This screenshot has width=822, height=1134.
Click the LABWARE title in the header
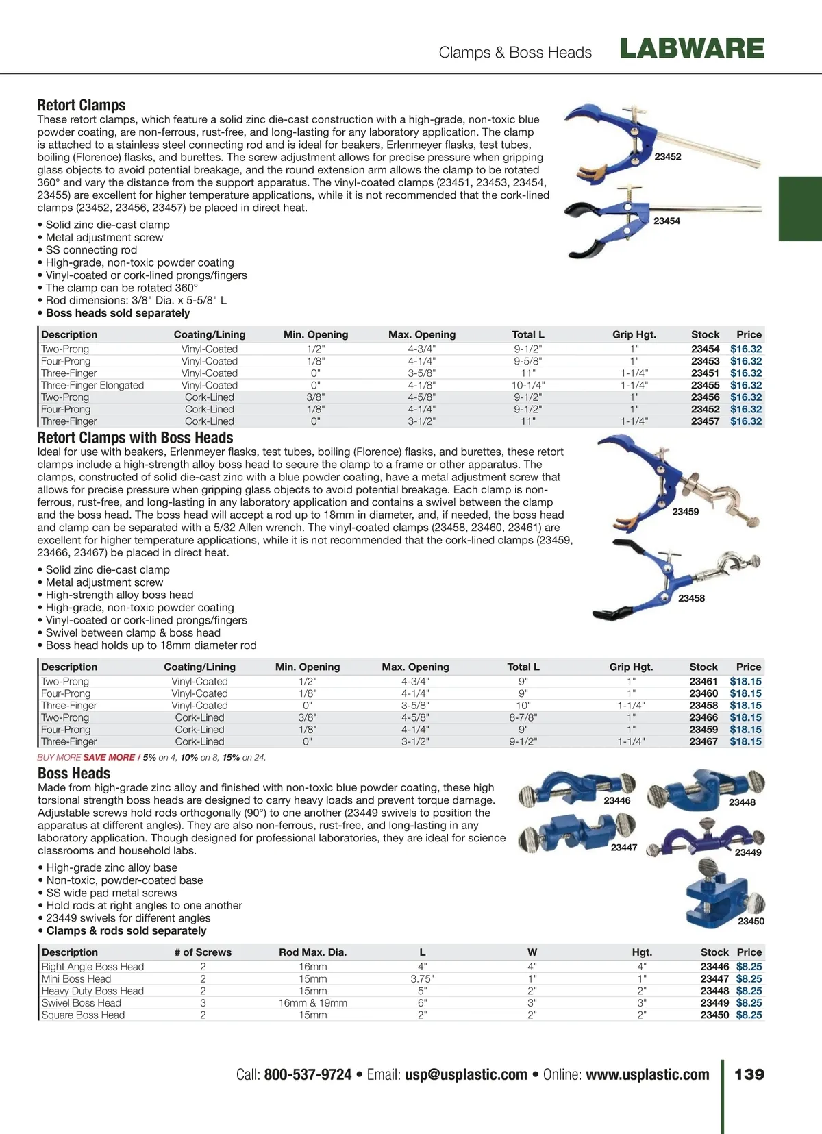pos(692,49)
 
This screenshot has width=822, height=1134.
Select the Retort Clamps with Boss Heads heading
pos(135,438)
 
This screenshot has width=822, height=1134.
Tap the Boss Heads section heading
pos(74,774)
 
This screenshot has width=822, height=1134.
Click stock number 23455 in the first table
pos(705,385)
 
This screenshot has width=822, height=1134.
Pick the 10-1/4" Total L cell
pos(528,385)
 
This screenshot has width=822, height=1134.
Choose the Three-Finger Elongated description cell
pos(92,385)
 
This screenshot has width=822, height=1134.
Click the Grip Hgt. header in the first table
pos(634,334)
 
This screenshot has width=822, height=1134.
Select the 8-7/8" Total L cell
pos(523,717)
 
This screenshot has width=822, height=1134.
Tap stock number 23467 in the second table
pos(703,741)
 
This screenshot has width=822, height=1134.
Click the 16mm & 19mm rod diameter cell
pos(313,1002)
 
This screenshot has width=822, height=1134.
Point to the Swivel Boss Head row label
pos(82,1002)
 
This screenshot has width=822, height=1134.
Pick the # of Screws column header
pos(203,952)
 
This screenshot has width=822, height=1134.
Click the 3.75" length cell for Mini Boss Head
pos(422,978)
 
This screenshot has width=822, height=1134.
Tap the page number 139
pos(749,1074)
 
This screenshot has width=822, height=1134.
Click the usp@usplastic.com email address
pos(466,1074)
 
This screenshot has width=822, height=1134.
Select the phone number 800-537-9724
pos(308,1074)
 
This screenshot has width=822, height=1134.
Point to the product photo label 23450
pos(751,921)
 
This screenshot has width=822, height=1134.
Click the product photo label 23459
pos(685,512)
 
